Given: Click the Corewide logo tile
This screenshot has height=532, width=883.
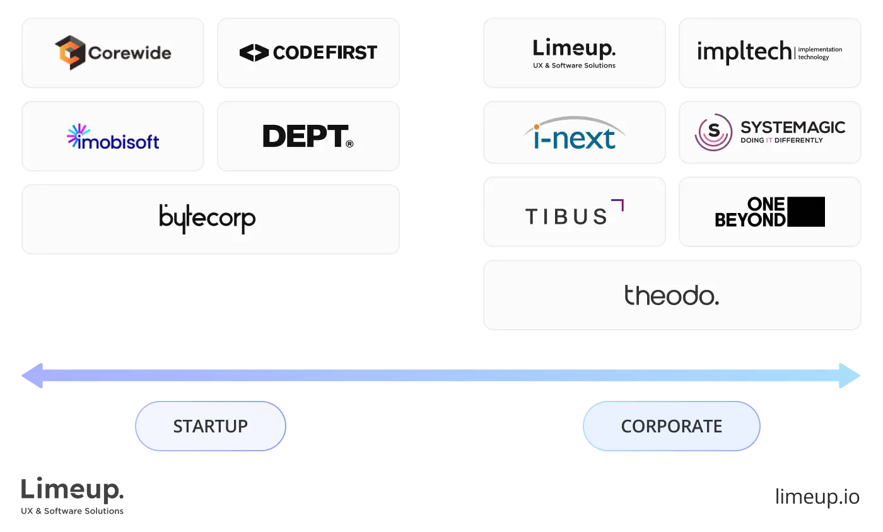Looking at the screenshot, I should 114,52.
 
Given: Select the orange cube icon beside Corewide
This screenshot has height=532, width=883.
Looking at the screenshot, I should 69,52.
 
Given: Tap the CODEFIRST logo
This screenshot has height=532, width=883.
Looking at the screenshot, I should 308,52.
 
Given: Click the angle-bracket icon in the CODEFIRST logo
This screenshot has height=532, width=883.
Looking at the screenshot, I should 254,53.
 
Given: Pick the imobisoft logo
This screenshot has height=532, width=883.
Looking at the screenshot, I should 114,137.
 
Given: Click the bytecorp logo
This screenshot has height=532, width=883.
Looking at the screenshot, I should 208,218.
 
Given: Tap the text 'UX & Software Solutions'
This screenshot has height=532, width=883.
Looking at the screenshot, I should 574,66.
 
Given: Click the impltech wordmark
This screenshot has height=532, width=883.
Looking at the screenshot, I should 744,52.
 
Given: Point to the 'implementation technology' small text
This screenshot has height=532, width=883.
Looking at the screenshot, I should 820,54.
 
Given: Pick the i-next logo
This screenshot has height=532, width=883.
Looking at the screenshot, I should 573,134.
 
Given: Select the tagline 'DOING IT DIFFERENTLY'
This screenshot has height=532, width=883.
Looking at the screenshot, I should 781,140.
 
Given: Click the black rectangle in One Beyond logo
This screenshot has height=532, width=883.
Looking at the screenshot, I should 805,212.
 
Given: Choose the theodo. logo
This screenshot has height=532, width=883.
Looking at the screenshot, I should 671,295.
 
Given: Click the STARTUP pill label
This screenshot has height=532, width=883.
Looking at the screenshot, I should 211,426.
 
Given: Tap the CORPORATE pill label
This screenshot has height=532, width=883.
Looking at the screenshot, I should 671,426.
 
